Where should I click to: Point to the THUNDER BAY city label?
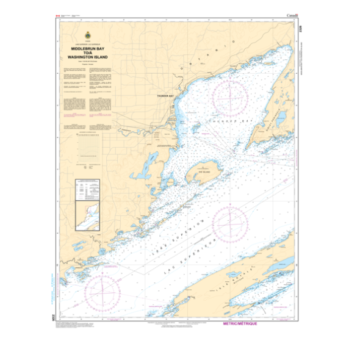pyautogui.click(x=166, y=96)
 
